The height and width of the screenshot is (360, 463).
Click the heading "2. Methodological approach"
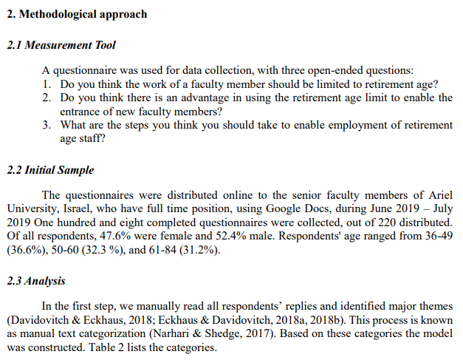(x=77, y=14)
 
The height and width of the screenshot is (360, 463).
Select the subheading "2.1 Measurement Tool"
(x=61, y=45)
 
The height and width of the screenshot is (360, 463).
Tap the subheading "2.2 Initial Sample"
(x=50, y=170)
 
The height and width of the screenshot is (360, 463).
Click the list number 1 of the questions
(x=47, y=84)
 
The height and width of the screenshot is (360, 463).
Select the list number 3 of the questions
(x=47, y=125)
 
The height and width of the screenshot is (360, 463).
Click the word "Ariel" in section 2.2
(x=437, y=196)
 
